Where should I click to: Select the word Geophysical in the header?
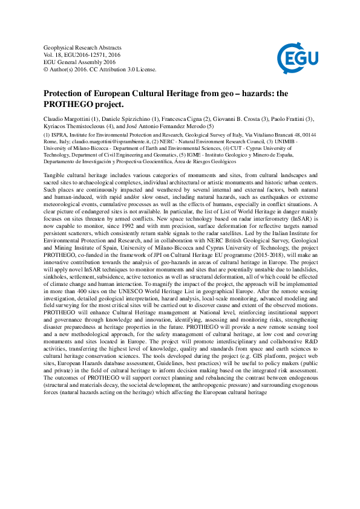[x=59, y=47]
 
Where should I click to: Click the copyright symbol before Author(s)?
[x=47, y=70]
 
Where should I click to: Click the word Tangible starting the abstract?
[x=56, y=175]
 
